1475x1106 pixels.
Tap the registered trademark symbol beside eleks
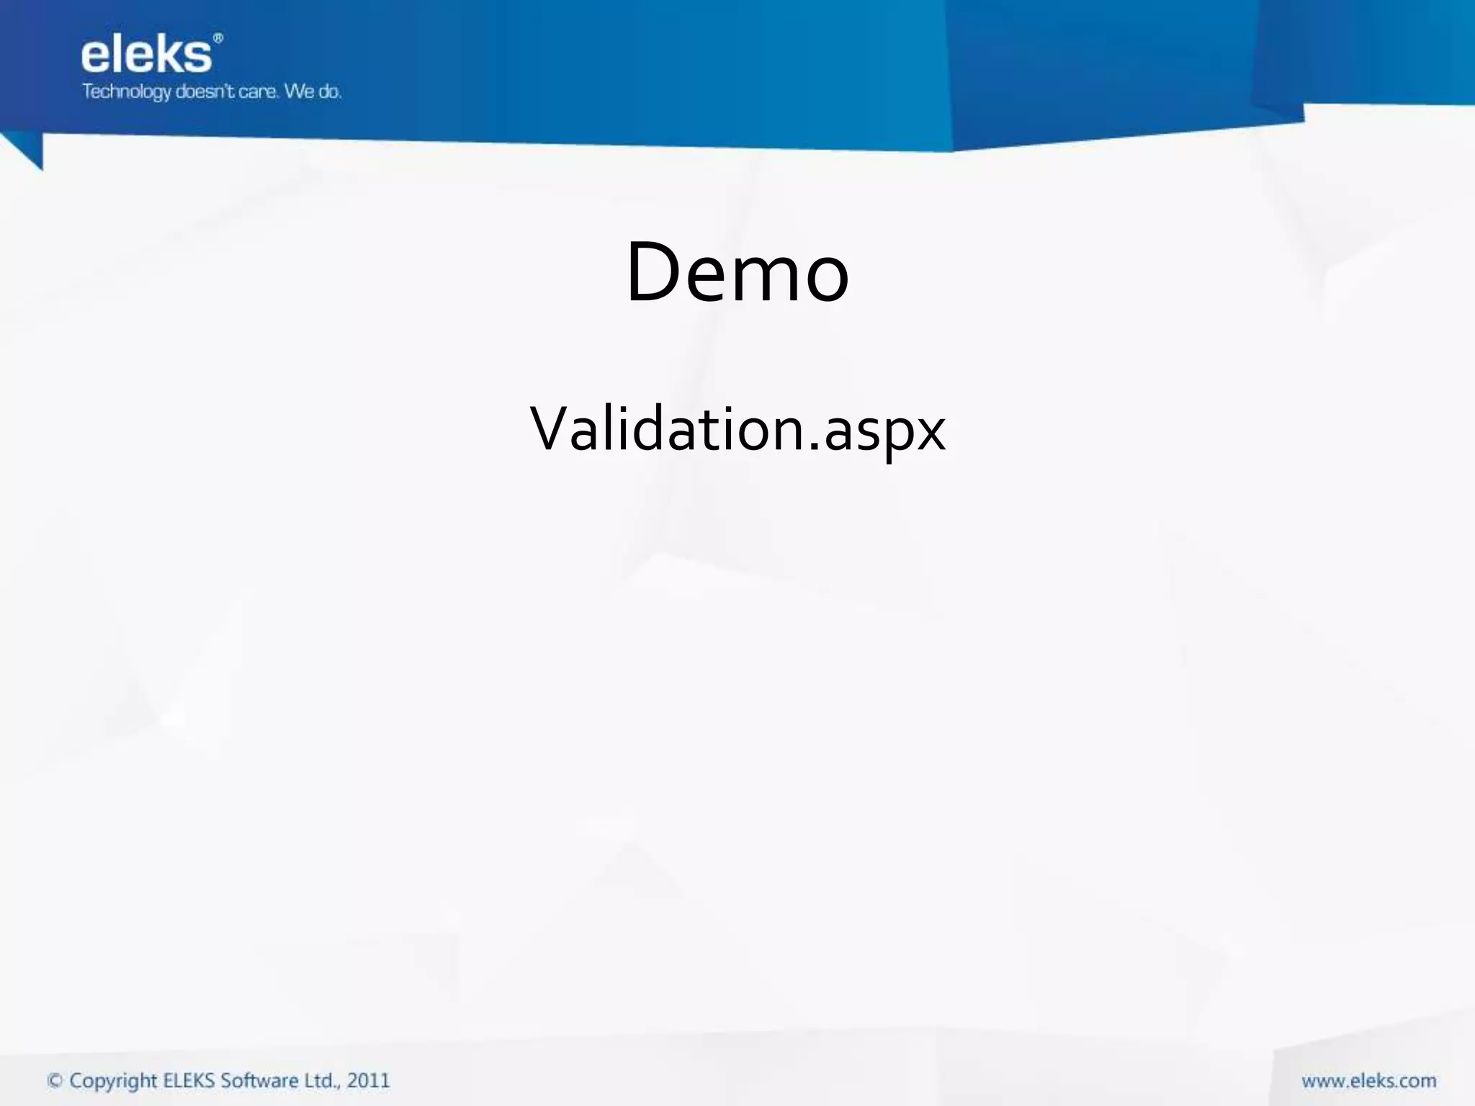click(x=218, y=38)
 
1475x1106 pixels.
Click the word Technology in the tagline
click(x=126, y=92)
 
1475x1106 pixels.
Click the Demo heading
click(x=737, y=273)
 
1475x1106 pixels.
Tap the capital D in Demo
click(x=653, y=271)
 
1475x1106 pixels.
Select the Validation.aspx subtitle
click(x=737, y=430)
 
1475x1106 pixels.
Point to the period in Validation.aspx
click(x=814, y=447)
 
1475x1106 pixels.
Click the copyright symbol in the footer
click(x=55, y=1081)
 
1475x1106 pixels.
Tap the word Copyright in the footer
click(x=113, y=1082)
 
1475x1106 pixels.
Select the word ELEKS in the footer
click(x=189, y=1080)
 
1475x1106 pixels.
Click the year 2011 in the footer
click(x=368, y=1081)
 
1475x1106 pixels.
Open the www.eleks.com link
click(x=1368, y=1081)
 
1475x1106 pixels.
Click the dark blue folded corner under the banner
click(x=27, y=151)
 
